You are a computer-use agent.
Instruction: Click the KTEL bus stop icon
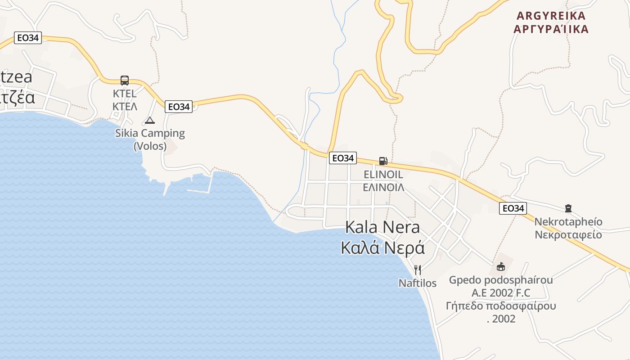click(125, 81)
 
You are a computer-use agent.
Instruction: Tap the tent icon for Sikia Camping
click(150, 120)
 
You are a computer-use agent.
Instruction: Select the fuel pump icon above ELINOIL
click(383, 161)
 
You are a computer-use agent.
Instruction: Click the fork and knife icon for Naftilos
click(418, 270)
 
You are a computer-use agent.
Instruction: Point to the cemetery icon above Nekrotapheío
click(568, 208)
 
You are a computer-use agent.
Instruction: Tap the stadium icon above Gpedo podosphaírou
click(500, 267)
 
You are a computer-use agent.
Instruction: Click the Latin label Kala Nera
click(382, 227)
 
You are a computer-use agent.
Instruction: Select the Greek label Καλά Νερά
click(382, 247)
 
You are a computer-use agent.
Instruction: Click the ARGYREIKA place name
click(551, 16)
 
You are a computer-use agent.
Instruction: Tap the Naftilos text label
click(418, 283)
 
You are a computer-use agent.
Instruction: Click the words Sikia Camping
click(150, 133)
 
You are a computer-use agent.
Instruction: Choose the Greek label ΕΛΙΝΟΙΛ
click(383, 187)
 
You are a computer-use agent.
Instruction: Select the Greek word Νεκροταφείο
click(568, 234)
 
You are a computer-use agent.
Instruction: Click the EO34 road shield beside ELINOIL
click(342, 158)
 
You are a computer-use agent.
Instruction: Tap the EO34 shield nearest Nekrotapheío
click(513, 208)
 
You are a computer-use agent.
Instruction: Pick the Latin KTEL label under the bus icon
click(125, 94)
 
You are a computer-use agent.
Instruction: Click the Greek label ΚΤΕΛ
click(125, 107)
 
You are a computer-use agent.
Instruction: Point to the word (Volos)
click(150, 146)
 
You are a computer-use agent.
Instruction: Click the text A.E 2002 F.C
click(501, 293)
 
